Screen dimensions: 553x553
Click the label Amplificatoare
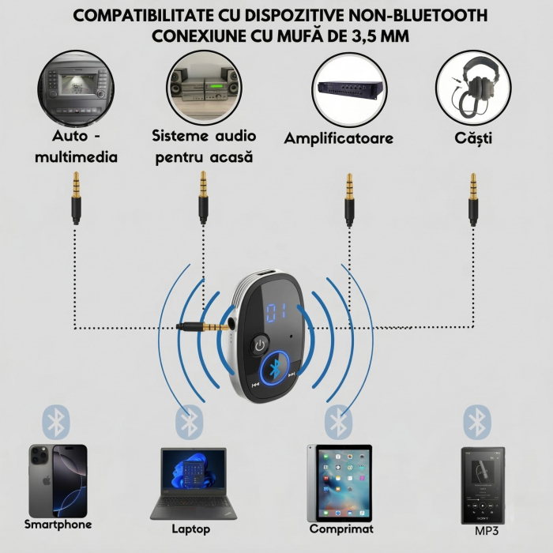tap(339, 139)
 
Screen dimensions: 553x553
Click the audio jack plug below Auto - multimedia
tap(76, 197)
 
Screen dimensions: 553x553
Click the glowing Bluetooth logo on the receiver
tap(273, 371)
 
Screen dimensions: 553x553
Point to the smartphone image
tap(58, 480)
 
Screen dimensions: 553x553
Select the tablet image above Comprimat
tap(339, 482)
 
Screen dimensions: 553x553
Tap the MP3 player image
tap(483, 484)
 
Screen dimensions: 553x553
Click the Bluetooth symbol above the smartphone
tap(56, 422)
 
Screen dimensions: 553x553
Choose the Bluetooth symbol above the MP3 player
tap(477, 422)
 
